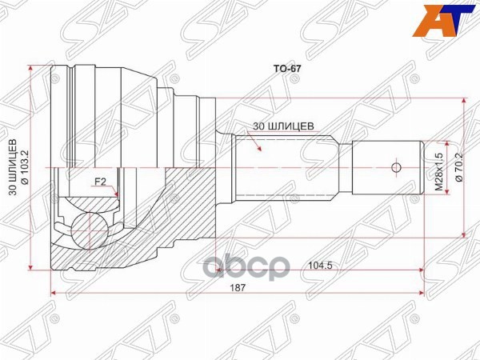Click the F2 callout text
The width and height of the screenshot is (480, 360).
(101, 182)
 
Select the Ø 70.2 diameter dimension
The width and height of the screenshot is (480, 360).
(458, 168)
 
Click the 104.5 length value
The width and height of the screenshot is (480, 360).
(317, 266)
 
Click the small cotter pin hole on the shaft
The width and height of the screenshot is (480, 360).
(394, 168)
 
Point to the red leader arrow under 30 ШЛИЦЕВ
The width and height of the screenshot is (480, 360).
(257, 143)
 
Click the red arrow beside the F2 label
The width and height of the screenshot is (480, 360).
(116, 191)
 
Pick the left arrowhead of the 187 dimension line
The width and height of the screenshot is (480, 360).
(54, 294)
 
